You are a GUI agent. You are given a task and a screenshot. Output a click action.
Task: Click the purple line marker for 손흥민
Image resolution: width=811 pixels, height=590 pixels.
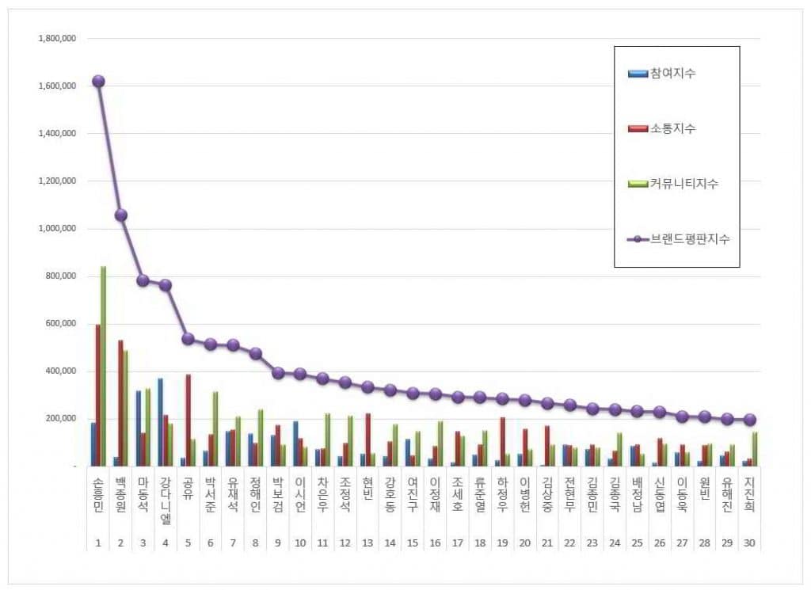(x=98, y=81)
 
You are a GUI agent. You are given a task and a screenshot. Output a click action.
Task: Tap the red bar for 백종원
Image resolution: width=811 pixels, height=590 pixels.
(x=120, y=403)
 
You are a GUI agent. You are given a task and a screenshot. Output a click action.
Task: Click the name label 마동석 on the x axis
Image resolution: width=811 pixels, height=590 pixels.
(x=143, y=496)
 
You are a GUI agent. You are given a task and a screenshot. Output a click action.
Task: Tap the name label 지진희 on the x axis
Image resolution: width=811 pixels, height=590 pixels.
(x=750, y=496)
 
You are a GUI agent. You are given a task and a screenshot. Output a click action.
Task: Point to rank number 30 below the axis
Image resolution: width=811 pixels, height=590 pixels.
(x=750, y=543)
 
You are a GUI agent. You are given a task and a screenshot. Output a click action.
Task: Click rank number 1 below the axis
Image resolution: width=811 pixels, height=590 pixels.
(x=98, y=543)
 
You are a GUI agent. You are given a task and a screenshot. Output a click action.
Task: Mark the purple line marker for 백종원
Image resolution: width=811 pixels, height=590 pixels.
(x=121, y=215)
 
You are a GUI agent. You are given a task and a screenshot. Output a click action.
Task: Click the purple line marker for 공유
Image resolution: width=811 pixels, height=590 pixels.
(x=188, y=338)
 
